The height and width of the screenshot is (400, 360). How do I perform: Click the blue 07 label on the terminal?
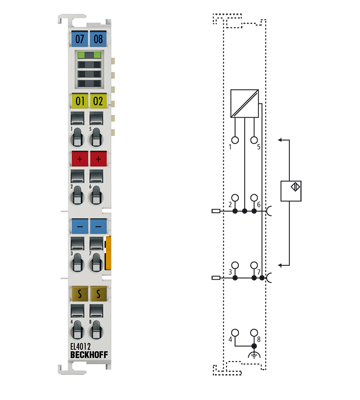coord(80,38)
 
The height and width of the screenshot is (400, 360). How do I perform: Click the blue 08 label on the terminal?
coord(98,38)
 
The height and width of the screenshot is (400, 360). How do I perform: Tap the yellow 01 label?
coord(80,100)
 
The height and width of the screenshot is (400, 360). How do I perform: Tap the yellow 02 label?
coord(98,100)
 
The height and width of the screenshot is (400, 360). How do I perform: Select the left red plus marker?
coord(80,159)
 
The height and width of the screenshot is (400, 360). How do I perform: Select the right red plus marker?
coord(98,159)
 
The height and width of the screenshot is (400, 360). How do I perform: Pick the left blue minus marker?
coord(80,226)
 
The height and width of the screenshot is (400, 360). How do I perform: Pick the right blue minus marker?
coord(98,226)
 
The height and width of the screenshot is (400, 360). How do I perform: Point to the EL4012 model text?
coord(84,347)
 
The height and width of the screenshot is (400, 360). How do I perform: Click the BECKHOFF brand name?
coord(89,357)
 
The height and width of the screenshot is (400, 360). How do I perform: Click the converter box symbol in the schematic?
coord(243,103)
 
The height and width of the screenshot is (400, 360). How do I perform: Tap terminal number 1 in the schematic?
coord(229,146)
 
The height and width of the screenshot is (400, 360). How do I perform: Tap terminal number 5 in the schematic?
coord(258,146)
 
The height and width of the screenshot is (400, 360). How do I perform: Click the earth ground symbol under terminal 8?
coord(253,355)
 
